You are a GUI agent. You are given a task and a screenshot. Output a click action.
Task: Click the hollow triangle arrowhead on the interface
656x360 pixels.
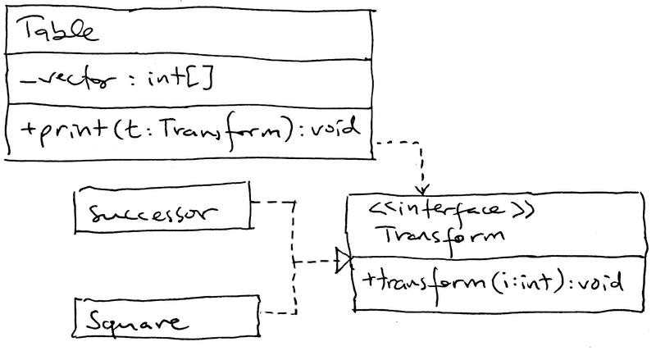coord(344,263)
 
